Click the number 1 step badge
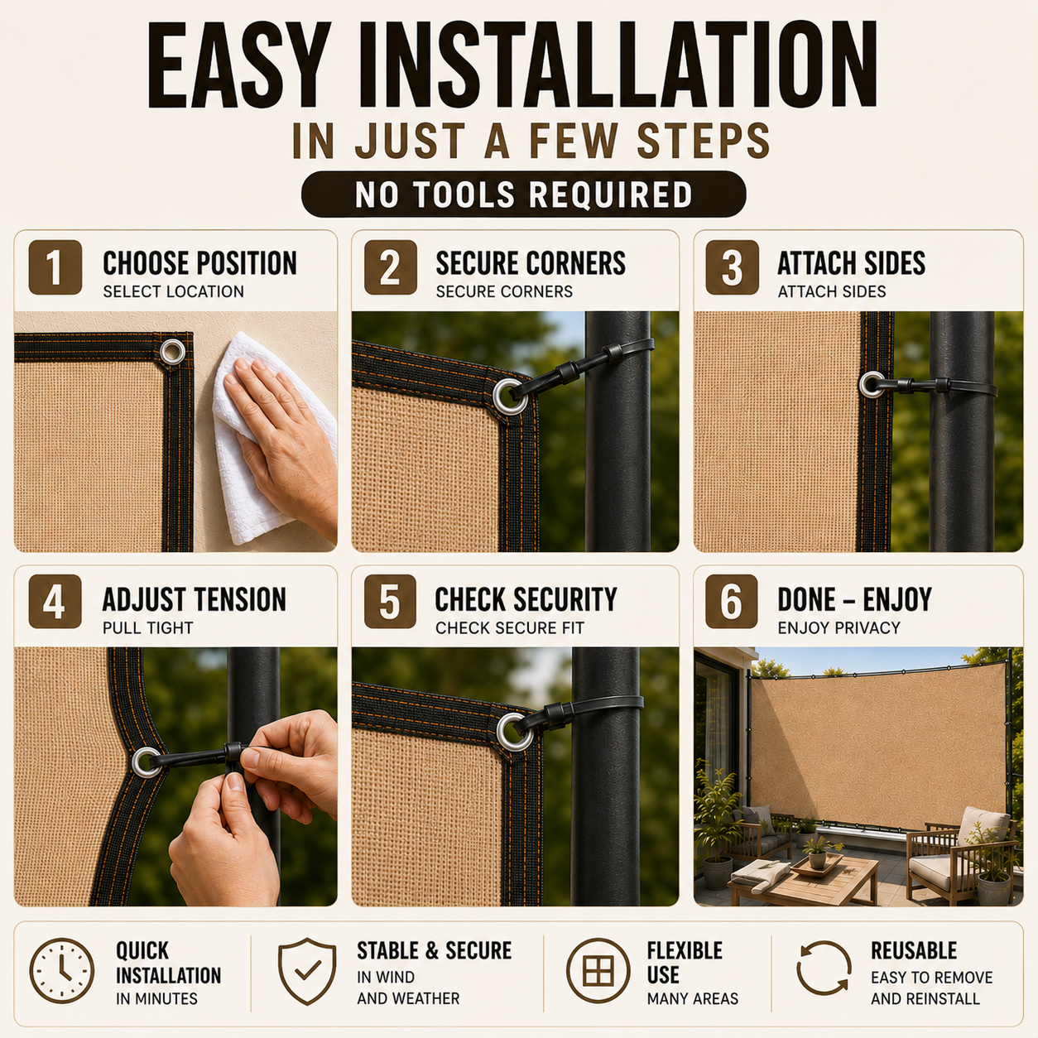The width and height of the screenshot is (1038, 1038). [55, 267]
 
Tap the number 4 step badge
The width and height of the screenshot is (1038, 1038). [55, 602]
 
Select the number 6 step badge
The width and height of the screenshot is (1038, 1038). [732, 602]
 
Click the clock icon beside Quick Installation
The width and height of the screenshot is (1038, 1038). [62, 971]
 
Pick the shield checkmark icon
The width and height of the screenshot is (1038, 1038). [307, 971]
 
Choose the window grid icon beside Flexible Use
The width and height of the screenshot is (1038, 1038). [598, 971]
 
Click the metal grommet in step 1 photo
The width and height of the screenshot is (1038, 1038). [172, 353]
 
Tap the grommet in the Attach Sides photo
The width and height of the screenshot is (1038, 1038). [871, 384]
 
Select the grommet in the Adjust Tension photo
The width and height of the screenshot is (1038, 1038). [146, 762]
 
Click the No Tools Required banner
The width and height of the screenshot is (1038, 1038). [524, 195]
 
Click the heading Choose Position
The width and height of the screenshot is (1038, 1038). [199, 263]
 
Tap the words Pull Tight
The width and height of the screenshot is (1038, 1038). [147, 627]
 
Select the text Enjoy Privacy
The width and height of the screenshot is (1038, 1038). [839, 627]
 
